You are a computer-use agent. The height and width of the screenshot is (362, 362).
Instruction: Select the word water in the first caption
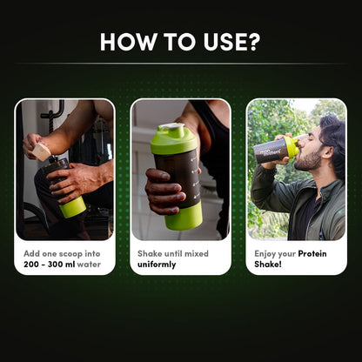coord(90,264)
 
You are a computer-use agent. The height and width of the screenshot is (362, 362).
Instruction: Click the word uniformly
coord(158,264)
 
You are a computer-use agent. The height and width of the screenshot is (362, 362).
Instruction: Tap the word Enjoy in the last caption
coord(267,253)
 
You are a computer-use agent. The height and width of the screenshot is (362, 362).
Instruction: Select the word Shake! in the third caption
coord(269,264)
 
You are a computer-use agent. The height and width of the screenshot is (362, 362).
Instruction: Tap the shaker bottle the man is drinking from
coord(277,150)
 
